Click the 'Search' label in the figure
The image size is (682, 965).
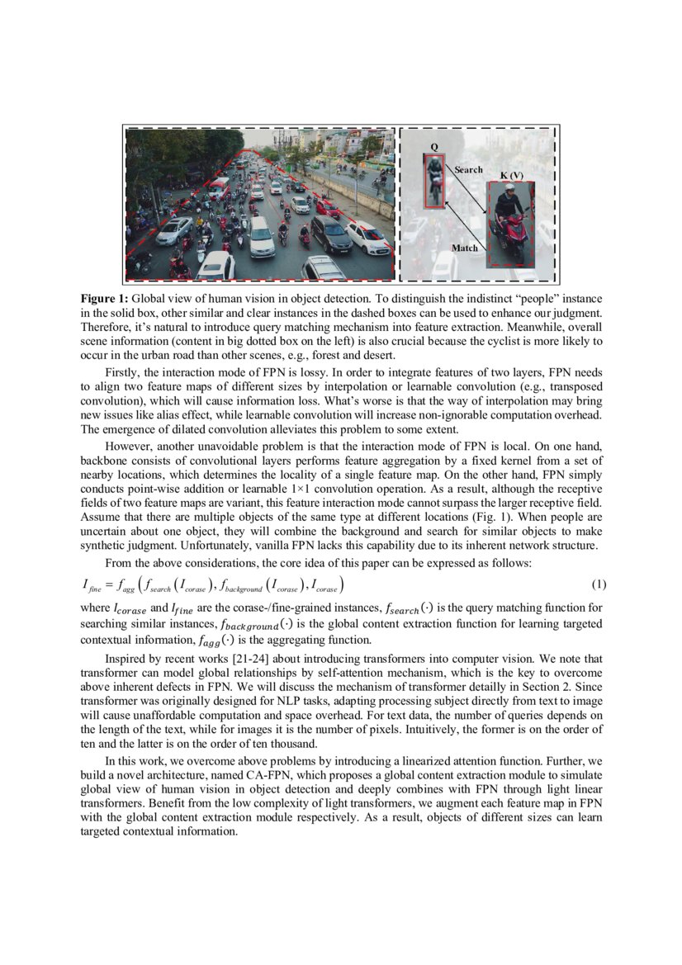coord(468,169)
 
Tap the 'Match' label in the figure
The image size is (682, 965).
coord(464,248)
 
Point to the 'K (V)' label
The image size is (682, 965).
coord(511,176)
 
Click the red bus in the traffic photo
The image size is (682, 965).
coord(218,188)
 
